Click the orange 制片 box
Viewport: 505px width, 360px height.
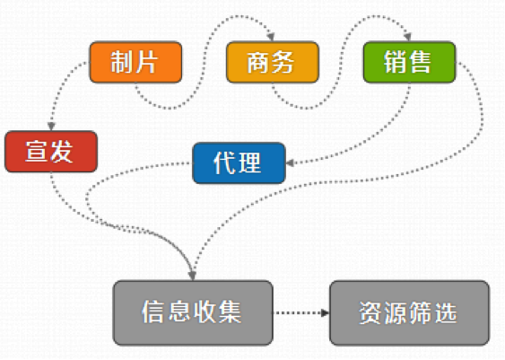(x=135, y=62)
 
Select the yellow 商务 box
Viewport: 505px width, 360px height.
(x=273, y=62)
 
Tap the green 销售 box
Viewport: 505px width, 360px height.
(x=409, y=62)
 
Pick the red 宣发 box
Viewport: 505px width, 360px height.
(x=51, y=152)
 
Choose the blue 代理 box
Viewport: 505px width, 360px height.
(x=239, y=163)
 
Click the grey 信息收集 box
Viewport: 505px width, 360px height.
(x=193, y=312)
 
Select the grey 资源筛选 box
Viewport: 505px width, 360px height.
(x=409, y=312)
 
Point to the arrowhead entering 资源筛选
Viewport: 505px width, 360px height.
(x=325, y=312)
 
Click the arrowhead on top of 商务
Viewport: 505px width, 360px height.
(x=271, y=37)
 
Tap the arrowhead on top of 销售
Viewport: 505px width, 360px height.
(x=408, y=37)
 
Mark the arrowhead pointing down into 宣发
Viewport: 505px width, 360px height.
(x=51, y=127)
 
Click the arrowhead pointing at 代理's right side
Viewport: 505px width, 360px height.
(x=290, y=163)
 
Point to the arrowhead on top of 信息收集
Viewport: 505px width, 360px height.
(x=192, y=276)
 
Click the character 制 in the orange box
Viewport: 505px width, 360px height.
(x=121, y=62)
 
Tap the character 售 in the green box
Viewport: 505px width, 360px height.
(x=421, y=62)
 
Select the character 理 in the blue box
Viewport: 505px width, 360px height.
(x=250, y=163)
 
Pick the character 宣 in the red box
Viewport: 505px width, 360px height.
(x=37, y=152)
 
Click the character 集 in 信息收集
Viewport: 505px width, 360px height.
(x=230, y=312)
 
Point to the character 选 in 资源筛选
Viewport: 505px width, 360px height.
(x=446, y=312)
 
